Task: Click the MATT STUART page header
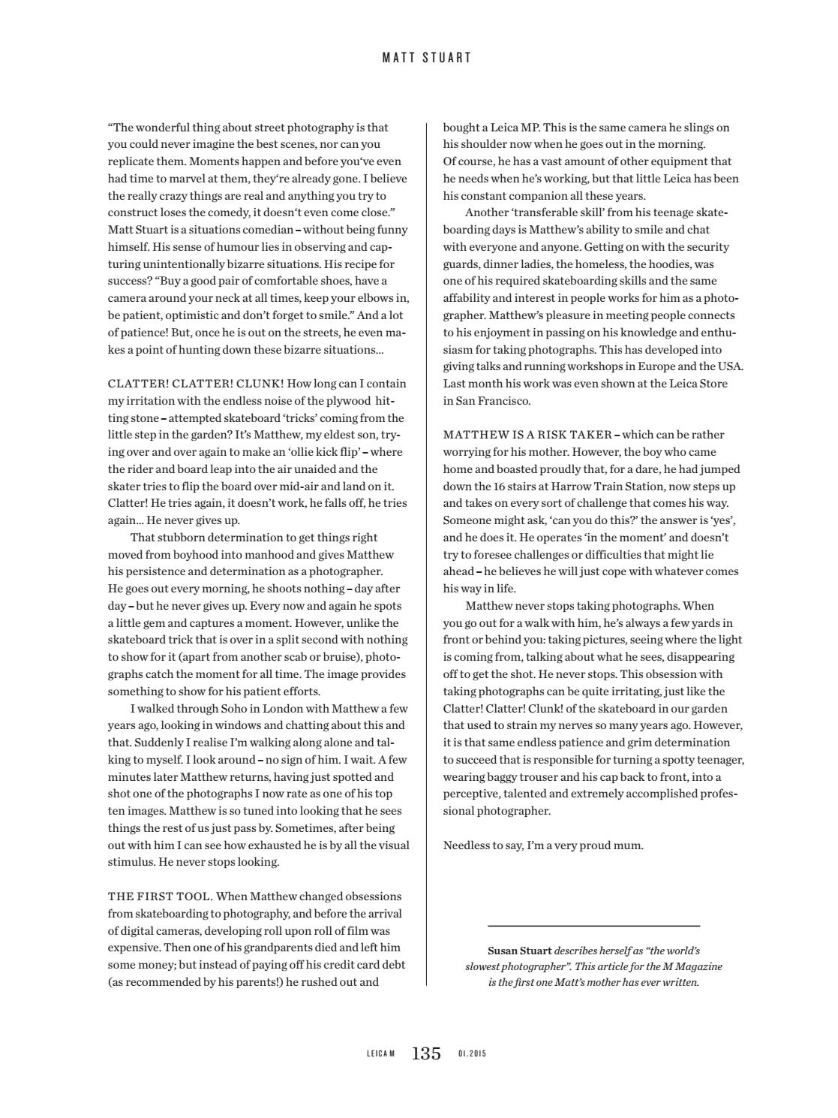pyautogui.click(x=427, y=57)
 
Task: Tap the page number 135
pyautogui.click(x=426, y=1053)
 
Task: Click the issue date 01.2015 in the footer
pyautogui.click(x=472, y=1054)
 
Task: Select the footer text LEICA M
pyautogui.click(x=380, y=1054)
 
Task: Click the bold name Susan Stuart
pyautogui.click(x=519, y=951)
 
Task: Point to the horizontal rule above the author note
pyautogui.click(x=593, y=926)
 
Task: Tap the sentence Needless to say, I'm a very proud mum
pyautogui.click(x=543, y=845)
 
